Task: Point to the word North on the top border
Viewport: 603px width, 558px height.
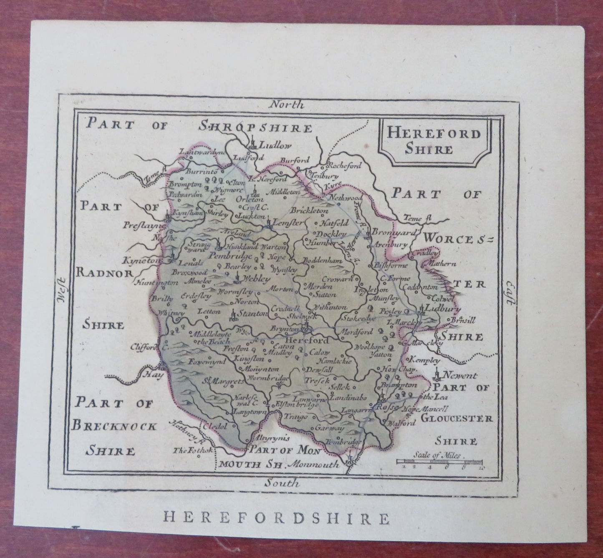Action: tap(286, 105)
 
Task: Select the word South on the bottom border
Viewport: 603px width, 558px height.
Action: tap(282, 483)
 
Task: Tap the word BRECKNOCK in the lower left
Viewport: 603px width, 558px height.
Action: tap(115, 426)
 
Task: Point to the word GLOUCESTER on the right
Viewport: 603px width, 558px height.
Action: tap(457, 418)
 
